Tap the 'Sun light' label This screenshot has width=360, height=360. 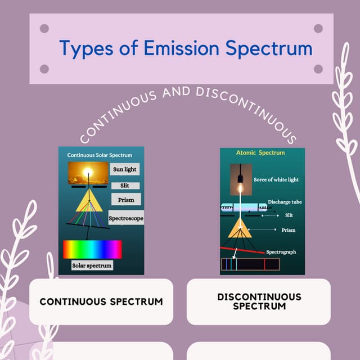124,169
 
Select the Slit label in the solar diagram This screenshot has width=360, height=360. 124,186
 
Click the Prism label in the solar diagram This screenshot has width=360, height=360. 126,199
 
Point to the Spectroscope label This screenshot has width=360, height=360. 126,217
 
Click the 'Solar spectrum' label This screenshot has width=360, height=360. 92,265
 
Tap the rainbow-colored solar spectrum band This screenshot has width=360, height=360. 92,249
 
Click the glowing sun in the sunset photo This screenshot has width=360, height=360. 88,171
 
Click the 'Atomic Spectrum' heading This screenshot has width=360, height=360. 260,152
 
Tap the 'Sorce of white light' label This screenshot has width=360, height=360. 276,180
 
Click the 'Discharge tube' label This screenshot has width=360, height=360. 285,201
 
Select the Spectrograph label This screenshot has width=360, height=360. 281,252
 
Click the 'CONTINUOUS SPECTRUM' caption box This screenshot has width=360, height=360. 101,301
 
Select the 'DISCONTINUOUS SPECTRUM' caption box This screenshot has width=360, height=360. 259,301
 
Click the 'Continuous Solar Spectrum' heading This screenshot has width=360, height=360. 100,155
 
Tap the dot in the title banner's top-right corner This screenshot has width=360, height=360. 318,29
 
